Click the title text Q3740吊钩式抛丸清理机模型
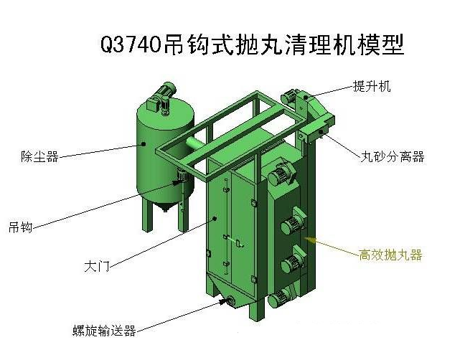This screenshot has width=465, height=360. click(252, 44)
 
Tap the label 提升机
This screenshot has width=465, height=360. click(371, 86)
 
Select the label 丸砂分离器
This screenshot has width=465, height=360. click(392, 156)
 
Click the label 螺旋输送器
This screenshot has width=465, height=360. click(104, 331)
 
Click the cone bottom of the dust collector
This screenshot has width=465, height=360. click(162, 209)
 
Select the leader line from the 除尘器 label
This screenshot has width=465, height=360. click(100, 151)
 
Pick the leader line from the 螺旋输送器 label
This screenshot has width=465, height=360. click(179, 316)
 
